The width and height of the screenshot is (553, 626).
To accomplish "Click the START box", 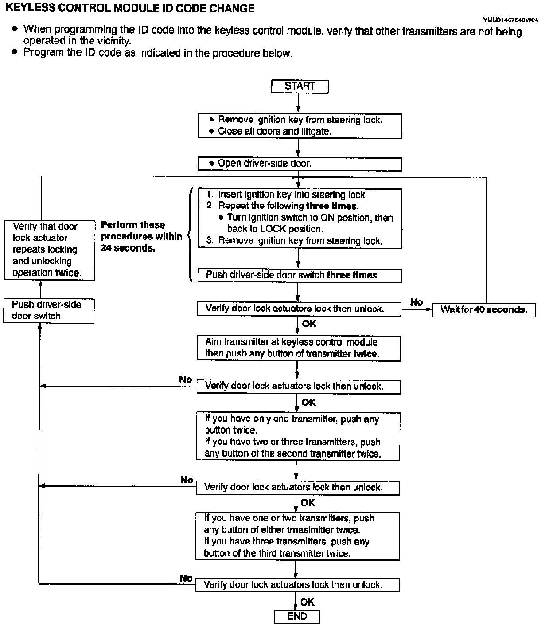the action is [x=300, y=86].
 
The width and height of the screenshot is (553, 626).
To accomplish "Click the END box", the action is [x=297, y=617].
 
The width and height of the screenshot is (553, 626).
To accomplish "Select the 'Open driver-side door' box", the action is [x=300, y=164].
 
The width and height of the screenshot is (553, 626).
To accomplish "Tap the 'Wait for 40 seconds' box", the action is [x=484, y=310].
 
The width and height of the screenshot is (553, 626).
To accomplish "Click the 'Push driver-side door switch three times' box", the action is [x=300, y=275].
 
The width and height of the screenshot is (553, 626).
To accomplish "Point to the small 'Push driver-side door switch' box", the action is [x=49, y=310].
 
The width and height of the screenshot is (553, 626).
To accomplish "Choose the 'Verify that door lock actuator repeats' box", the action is [x=49, y=250].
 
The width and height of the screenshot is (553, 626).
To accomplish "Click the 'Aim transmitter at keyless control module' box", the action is [x=299, y=348].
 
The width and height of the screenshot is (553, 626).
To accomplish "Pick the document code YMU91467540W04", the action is [x=510, y=20].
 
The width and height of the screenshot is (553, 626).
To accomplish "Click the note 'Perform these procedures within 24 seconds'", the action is [x=141, y=236].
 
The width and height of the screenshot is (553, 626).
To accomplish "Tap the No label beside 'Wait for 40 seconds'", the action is [x=417, y=302].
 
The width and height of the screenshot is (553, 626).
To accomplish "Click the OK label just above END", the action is [x=307, y=602].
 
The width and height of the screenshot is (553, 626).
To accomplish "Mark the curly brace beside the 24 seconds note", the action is [x=190, y=235].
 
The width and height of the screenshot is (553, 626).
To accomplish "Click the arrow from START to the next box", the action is [x=298, y=102].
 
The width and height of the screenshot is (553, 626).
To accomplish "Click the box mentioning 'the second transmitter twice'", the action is [x=298, y=437].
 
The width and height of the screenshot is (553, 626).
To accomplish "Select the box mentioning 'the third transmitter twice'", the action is [x=298, y=536].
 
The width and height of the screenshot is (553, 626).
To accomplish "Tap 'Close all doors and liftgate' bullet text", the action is [x=274, y=131].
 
